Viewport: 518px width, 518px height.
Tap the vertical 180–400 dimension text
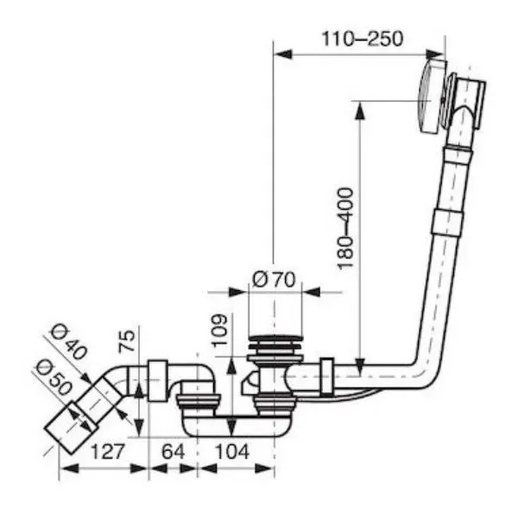[x=345, y=227]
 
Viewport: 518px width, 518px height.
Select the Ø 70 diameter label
[x=275, y=279]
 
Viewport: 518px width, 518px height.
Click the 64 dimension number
[x=174, y=450]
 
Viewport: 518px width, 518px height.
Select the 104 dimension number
[x=231, y=450]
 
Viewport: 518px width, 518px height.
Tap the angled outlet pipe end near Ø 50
[x=62, y=427]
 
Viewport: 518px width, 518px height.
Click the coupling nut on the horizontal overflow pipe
[x=325, y=375]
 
